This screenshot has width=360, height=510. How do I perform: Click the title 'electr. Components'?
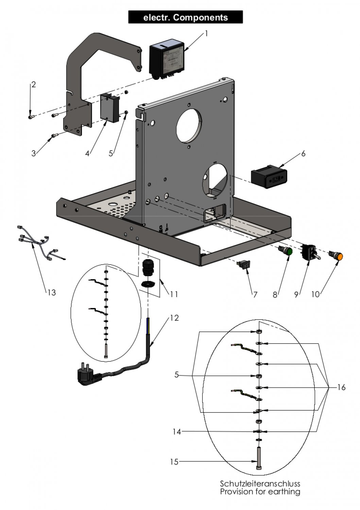pos(185,17)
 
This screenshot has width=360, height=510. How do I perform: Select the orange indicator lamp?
pos(338,256)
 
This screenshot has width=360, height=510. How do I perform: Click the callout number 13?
pos(51,292)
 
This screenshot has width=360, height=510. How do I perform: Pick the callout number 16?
pos(341,387)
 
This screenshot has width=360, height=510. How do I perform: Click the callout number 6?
pos(303,154)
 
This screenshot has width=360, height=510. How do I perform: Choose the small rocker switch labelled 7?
pos(244,264)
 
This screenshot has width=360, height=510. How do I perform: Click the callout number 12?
pos(174,318)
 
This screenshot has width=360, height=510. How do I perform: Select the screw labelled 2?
pos(31,117)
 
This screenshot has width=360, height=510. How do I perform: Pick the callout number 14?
pos(176,431)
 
